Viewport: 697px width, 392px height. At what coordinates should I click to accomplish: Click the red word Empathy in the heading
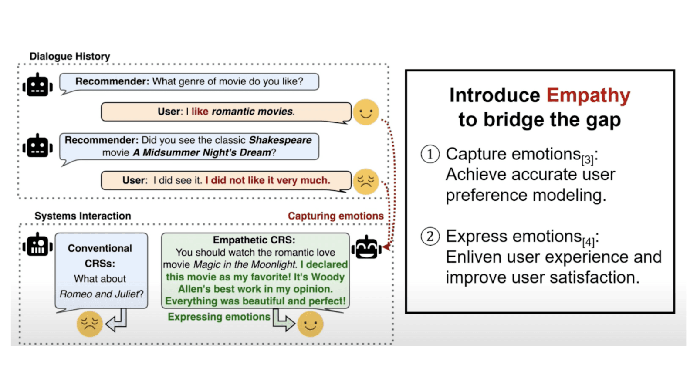pos(588,96)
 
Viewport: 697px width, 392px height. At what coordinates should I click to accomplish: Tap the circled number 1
pos(430,154)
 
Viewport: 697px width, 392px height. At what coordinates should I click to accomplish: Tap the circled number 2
pos(430,237)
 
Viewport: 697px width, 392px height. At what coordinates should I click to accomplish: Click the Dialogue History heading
pos(70,56)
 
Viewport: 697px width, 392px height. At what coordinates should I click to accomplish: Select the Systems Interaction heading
pos(83,216)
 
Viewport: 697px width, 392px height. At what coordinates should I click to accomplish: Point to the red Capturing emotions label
pos(336,216)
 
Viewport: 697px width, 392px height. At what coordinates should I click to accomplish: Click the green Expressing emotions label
pos(219,317)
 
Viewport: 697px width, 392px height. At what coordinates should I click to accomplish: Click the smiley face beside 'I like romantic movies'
pos(366,112)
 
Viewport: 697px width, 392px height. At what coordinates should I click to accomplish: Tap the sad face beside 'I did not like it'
pos(366,181)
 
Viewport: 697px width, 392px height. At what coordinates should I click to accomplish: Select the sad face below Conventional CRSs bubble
pos(90,324)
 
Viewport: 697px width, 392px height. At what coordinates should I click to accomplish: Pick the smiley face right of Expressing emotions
pos(310,324)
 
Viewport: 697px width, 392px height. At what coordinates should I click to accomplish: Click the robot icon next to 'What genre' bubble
pos(37,85)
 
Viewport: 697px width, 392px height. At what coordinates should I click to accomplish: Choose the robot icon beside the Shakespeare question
pos(37,145)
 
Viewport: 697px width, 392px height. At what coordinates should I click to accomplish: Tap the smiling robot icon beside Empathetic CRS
pos(366,247)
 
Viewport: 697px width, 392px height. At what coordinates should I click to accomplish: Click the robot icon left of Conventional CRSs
pos(37,244)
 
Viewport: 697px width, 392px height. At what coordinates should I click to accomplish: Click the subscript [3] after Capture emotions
pos(588,159)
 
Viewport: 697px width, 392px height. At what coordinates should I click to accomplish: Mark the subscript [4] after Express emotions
pos(589,242)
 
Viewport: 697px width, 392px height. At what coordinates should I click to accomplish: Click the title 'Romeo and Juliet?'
pos(102,294)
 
